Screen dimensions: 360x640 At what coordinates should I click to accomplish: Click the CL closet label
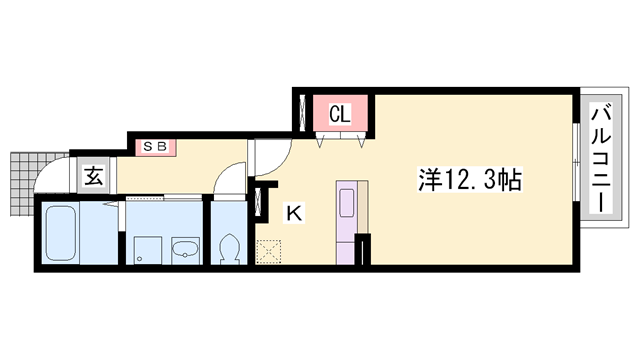(339, 114)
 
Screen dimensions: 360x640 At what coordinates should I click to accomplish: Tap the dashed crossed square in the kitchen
(268, 251)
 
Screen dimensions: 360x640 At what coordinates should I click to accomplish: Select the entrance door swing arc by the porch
(50, 180)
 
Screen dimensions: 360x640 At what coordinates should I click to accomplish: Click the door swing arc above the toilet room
(230, 185)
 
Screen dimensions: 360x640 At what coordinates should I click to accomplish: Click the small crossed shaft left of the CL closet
(299, 112)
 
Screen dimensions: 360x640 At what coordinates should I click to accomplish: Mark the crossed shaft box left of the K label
(264, 202)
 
